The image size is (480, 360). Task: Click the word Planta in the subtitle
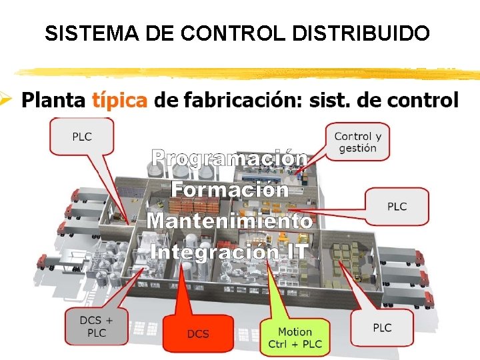(53, 101)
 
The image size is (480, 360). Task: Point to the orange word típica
(119, 101)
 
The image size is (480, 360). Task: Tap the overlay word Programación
(229, 159)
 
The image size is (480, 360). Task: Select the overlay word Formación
(230, 189)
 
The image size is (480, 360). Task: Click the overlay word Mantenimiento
(230, 221)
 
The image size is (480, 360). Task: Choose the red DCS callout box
(197, 333)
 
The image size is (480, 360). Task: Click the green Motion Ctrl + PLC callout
(295, 337)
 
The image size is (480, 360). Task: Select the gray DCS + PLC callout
(97, 327)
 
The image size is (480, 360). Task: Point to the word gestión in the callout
(358, 148)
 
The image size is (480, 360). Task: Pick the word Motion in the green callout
(295, 331)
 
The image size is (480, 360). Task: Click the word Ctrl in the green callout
(279, 344)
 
